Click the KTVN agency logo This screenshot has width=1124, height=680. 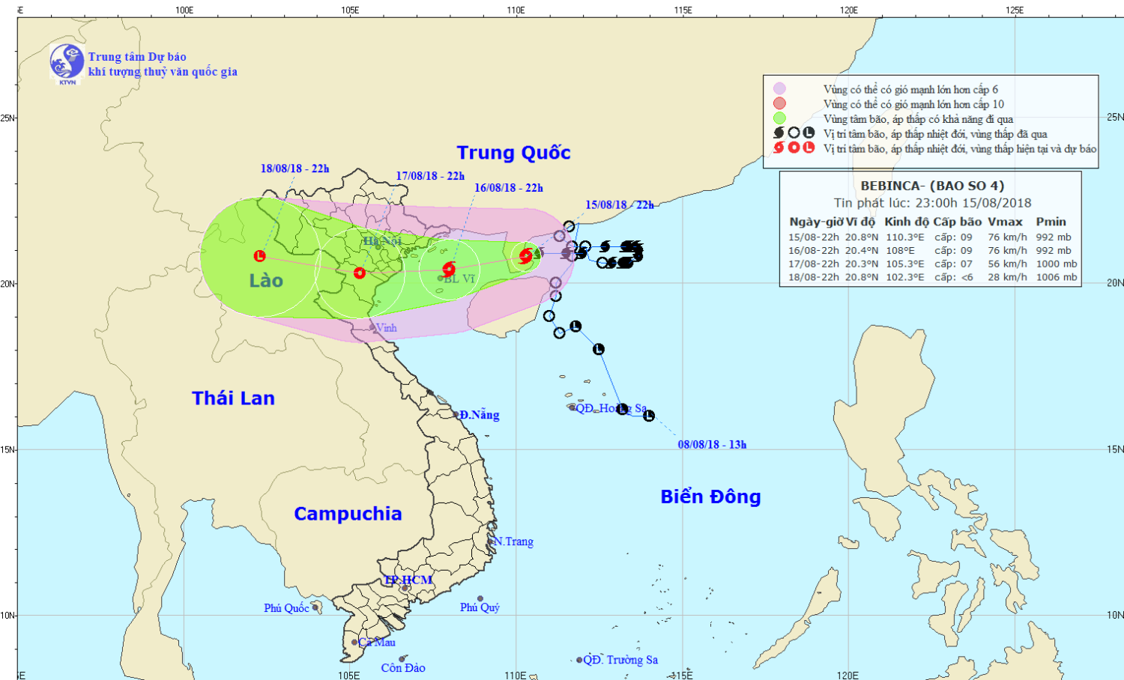pyautogui.click(x=67, y=62)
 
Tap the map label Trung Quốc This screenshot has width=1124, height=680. pyautogui.click(x=513, y=153)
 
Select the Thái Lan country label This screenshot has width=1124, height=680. pyautogui.click(x=233, y=398)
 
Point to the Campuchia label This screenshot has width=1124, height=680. pyautogui.click(x=348, y=514)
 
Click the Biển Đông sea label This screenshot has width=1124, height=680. pyautogui.click(x=710, y=497)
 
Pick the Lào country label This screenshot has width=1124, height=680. pyautogui.click(x=266, y=281)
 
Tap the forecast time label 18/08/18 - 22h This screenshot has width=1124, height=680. pyautogui.click(x=294, y=169)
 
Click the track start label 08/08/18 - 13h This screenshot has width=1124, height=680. pyautogui.click(x=712, y=445)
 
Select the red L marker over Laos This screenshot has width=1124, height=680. pyautogui.click(x=259, y=256)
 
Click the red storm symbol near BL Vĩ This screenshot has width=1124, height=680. pyautogui.click(x=449, y=270)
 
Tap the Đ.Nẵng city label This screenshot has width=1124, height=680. pyautogui.click(x=480, y=415)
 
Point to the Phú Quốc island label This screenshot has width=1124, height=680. pyautogui.click(x=286, y=608)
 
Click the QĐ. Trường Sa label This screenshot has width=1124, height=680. pyautogui.click(x=620, y=660)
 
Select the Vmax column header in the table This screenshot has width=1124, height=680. pyautogui.click(x=1005, y=222)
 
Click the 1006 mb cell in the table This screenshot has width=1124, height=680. pyautogui.click(x=1057, y=277)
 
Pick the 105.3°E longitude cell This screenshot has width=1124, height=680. pyautogui.click(x=904, y=264)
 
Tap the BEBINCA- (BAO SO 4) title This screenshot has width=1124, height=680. pyautogui.click(x=931, y=186)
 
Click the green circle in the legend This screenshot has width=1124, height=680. pyautogui.click(x=780, y=118)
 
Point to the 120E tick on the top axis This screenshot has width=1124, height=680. pyautogui.click(x=848, y=10)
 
